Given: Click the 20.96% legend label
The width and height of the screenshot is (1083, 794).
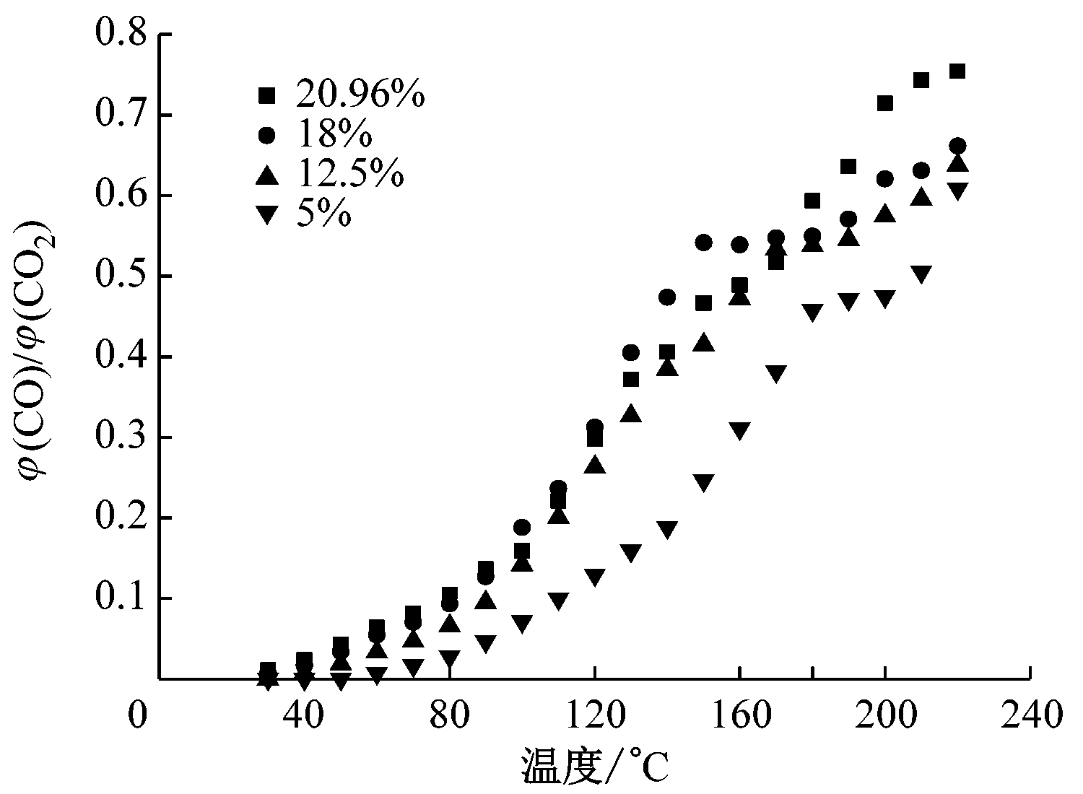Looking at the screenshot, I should (x=360, y=95).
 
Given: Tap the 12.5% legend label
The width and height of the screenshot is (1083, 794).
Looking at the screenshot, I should (x=349, y=175).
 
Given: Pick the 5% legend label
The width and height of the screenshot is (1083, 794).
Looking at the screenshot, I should (x=323, y=214).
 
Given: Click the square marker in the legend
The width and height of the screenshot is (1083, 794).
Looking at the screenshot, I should (x=267, y=95).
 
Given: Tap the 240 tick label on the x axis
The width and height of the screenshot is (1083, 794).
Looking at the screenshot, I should (x=1030, y=717).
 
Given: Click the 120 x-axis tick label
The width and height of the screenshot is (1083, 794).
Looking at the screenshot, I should (x=594, y=717).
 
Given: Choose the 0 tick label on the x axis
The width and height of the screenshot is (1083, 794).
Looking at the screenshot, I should (x=138, y=717).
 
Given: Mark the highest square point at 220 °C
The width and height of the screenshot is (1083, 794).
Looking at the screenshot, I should (x=957, y=71).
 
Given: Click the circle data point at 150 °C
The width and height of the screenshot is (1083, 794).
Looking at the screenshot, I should (x=703, y=242).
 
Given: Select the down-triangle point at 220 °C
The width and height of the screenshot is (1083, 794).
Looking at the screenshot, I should (x=957, y=191).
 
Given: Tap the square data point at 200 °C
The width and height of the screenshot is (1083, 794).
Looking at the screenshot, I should (x=884, y=103).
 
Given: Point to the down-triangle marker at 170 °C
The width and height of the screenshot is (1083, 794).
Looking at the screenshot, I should (x=775, y=374).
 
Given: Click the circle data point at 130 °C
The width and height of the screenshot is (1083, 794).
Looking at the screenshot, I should (x=630, y=352).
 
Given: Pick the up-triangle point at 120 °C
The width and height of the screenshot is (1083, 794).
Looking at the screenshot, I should (x=594, y=464).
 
